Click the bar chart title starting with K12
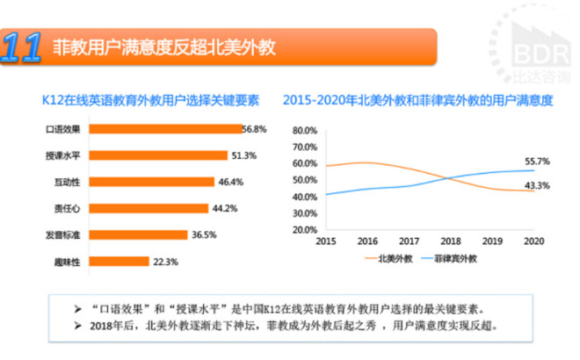point(144,101)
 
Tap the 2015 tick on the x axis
point(325,241)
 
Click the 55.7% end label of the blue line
point(536,162)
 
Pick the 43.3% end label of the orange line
point(536,185)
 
